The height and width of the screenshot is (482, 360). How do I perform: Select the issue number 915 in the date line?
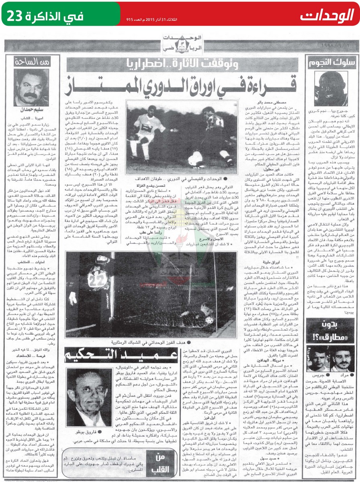130,19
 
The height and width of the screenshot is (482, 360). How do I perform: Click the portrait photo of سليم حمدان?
31,87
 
